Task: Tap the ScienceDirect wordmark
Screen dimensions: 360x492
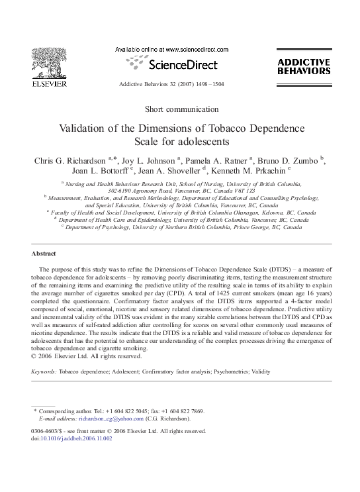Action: coord(178,65)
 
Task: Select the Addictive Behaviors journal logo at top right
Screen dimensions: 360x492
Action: coord(303,66)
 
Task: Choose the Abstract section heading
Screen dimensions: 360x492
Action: coord(44,254)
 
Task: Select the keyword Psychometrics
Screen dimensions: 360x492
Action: coord(229,372)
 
